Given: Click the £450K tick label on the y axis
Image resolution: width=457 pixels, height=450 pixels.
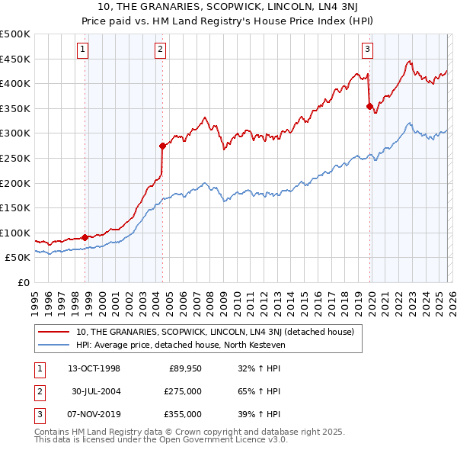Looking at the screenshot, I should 15,59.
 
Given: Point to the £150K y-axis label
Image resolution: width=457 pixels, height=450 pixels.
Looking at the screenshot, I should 15,207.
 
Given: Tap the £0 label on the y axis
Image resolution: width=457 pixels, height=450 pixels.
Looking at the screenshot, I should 23,282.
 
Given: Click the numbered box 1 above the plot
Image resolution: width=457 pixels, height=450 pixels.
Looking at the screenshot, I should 82,50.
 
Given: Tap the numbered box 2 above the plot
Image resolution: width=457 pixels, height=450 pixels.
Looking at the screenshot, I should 161,50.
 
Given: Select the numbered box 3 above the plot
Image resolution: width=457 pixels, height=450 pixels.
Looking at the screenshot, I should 367,50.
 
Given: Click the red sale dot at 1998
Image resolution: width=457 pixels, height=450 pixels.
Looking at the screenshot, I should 85,237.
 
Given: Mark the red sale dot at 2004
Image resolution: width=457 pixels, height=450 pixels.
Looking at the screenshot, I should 162,145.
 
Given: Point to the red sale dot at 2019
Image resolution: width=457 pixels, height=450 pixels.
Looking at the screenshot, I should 369,106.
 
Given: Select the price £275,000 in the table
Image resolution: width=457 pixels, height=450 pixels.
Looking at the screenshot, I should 183,391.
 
